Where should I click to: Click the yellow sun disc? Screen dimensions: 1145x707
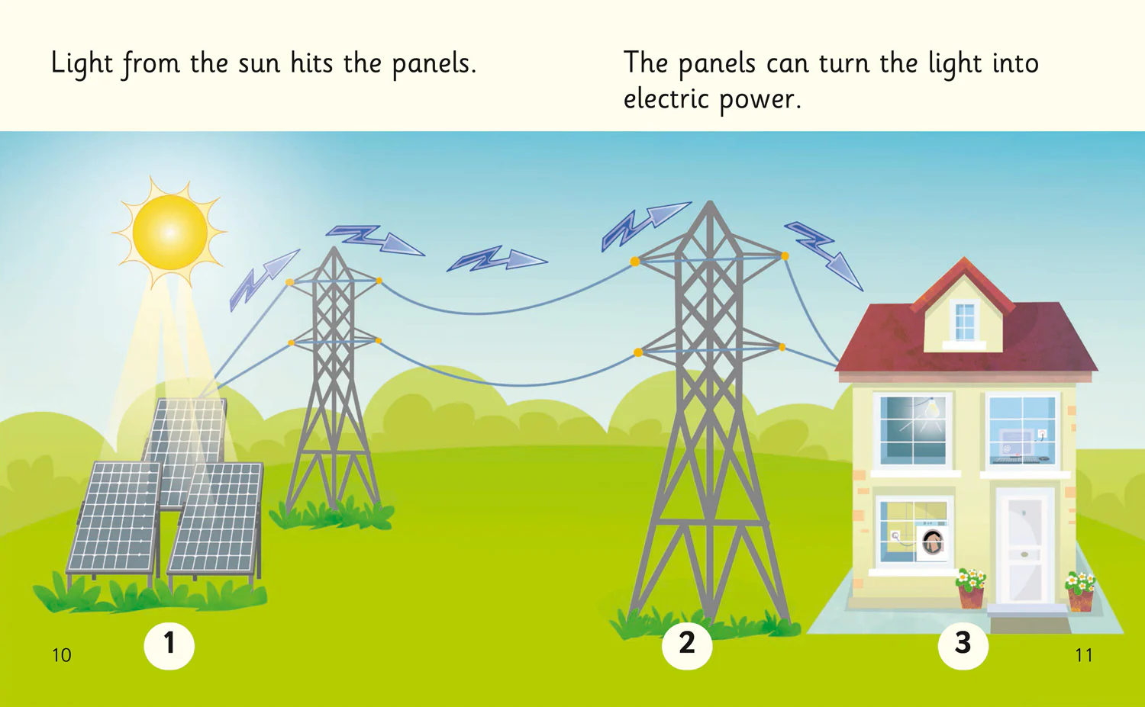point(169,232)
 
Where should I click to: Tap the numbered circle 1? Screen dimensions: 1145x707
point(169,644)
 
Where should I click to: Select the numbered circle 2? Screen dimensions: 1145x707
point(687,644)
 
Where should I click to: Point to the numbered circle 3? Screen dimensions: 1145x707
point(963,644)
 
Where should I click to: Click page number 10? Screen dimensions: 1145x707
point(61,655)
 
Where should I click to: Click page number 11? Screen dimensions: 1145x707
point(1084,655)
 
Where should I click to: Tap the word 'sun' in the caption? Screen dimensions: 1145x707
point(260,64)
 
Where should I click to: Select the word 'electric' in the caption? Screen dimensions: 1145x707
point(666,98)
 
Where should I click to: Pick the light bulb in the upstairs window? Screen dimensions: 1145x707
point(933,409)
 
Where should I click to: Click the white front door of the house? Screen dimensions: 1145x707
point(1024,547)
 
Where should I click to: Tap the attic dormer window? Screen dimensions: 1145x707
point(964,322)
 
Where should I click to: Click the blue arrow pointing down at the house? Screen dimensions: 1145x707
point(824,255)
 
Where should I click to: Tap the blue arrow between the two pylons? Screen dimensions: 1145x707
point(497,259)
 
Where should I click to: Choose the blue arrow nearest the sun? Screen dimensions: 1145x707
point(264,279)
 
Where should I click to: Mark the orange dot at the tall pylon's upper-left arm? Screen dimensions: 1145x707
point(635,262)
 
